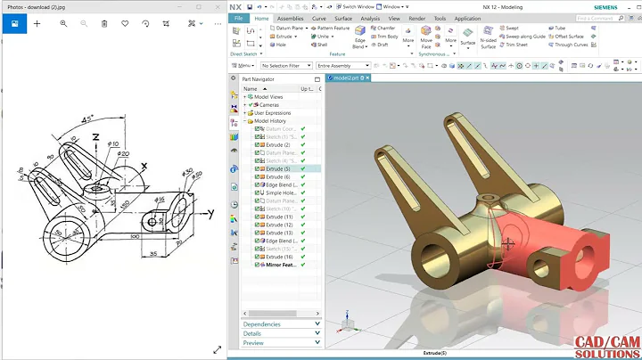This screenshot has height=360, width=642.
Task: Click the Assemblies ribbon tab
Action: click(290, 18)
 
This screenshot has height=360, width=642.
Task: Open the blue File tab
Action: click(238, 18)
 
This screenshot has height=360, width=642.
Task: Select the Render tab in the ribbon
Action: click(416, 18)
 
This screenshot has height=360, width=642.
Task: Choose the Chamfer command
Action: click(384, 28)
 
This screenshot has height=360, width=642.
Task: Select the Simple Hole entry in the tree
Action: click(281, 192)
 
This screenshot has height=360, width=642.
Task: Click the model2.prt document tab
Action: click(348, 78)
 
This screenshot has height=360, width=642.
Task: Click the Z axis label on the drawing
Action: click(95, 137)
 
